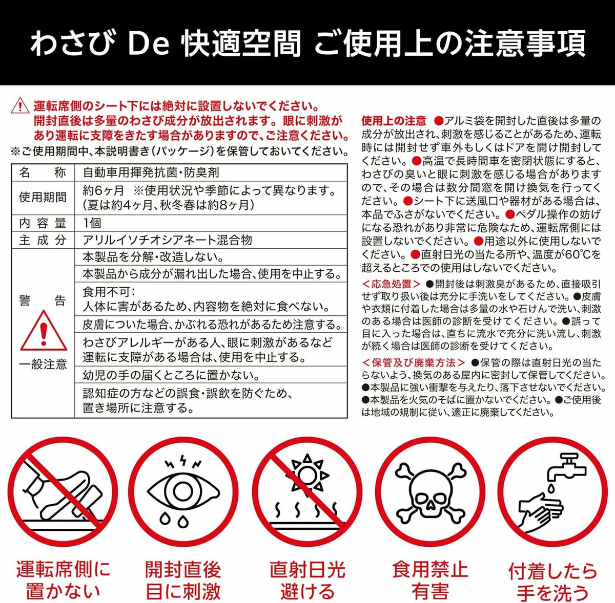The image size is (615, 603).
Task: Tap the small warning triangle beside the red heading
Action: click(x=20, y=105)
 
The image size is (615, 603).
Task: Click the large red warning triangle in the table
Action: click(x=44, y=331)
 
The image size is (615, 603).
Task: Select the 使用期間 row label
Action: click(x=43, y=198)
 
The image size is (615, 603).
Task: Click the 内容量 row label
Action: click(x=43, y=223)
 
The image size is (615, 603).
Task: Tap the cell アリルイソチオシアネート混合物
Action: click(x=168, y=240)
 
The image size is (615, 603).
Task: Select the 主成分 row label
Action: click(x=43, y=240)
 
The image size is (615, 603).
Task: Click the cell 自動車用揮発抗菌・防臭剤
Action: click(x=151, y=173)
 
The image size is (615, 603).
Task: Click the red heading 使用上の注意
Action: click(x=394, y=120)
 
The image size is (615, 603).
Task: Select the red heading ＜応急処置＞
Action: click(x=392, y=284)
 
